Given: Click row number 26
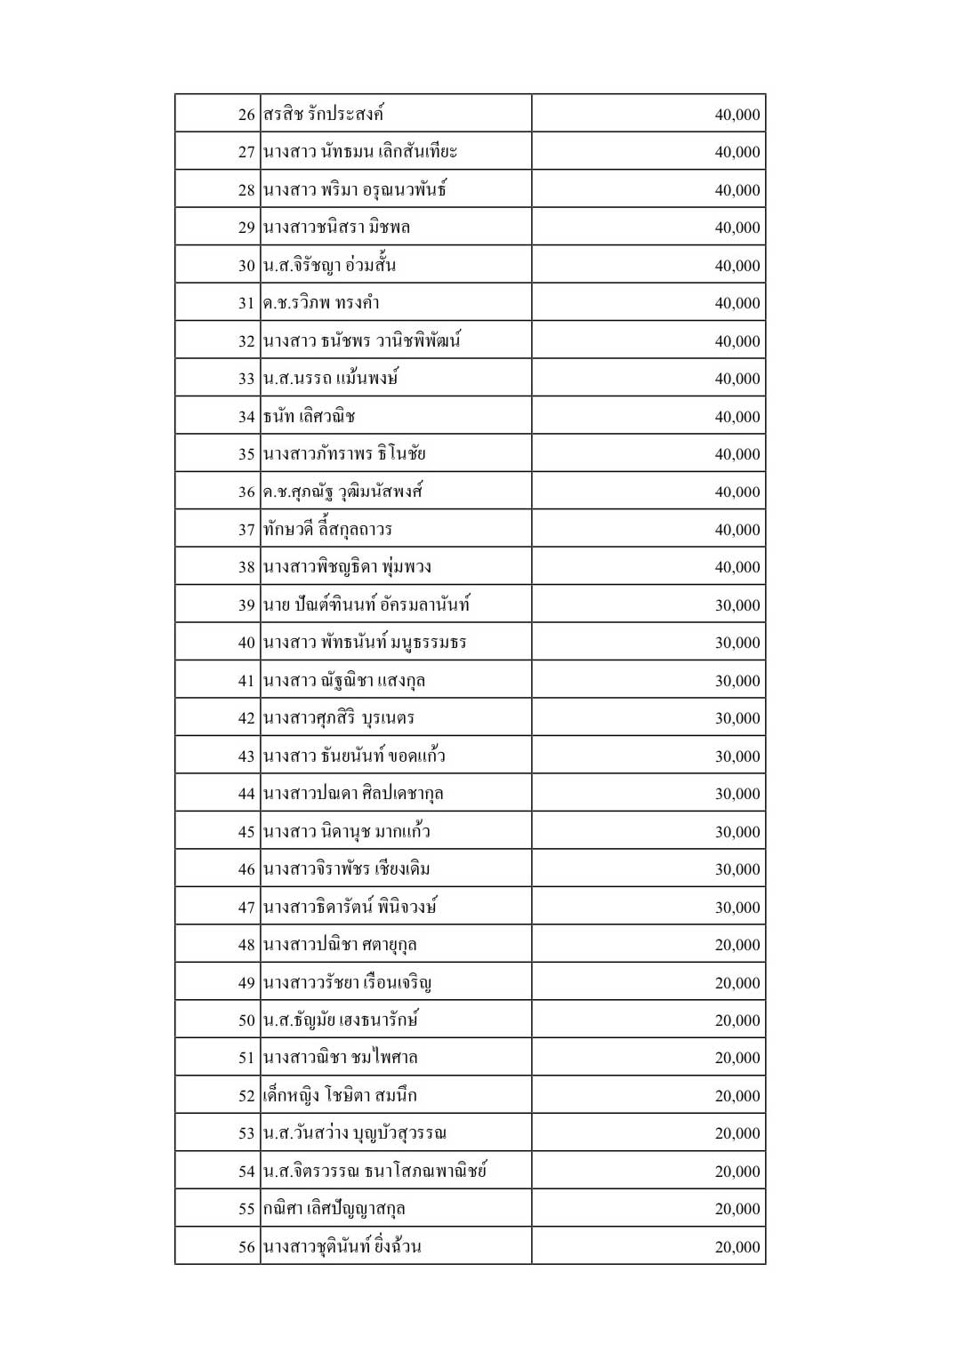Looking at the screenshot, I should (x=246, y=115).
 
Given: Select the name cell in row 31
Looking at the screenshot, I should (x=322, y=303).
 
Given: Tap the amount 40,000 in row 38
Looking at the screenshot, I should (x=737, y=567).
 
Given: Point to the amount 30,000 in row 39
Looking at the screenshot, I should (x=737, y=605).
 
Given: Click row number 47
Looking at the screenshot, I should (x=246, y=908).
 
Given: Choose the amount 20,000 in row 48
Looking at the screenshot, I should (x=737, y=945).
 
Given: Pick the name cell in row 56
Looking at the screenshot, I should (x=342, y=1247).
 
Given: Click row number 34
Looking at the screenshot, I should (x=246, y=417).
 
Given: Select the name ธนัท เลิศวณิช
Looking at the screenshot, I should (x=310, y=416).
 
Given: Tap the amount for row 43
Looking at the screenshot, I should (x=737, y=756).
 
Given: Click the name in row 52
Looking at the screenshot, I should (x=340, y=1096).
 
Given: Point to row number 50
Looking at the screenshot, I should (x=246, y=1020).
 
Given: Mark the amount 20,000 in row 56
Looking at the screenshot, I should (x=737, y=1247).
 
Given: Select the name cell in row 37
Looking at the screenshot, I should (x=328, y=530).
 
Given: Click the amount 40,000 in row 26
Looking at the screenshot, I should (x=737, y=115).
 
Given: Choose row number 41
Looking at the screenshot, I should (x=246, y=681).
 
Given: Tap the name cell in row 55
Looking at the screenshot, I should (x=334, y=1209).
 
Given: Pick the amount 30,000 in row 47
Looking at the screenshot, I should (x=737, y=908).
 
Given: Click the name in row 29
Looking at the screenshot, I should (x=337, y=228).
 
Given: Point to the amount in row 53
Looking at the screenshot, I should (x=737, y=1133).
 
